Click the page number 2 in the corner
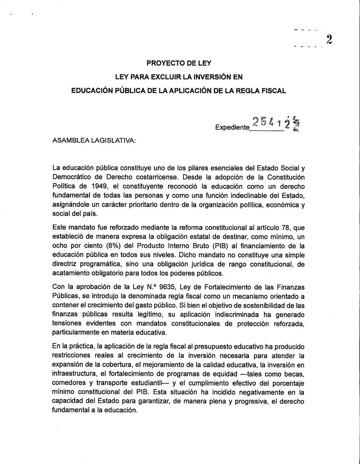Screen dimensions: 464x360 click(x=330, y=39)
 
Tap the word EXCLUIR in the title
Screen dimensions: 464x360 click(x=159, y=76)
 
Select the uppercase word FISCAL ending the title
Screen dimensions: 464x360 click(x=273, y=90)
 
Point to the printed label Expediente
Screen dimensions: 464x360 click(x=232, y=128)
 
